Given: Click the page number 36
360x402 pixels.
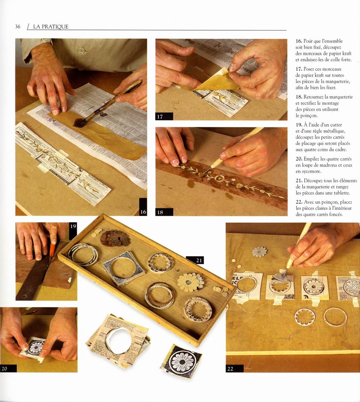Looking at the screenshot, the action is [18, 26].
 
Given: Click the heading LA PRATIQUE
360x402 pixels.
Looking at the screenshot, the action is [51, 27].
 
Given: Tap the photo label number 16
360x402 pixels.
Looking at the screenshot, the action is [143, 212].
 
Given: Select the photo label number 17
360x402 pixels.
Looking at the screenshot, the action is [160, 117].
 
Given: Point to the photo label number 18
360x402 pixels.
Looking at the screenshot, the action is [160, 212].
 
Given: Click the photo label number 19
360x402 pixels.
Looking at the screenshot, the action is [73, 226].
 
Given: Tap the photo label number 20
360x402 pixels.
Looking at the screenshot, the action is [4, 368].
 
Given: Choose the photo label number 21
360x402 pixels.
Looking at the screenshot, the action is [199, 260].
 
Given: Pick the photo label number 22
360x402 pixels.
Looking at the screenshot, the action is [230, 368].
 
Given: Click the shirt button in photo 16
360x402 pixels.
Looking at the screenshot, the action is [82, 50].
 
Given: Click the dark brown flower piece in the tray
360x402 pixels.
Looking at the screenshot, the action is [115, 238].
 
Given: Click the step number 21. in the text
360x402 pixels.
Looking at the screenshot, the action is [299, 180].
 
